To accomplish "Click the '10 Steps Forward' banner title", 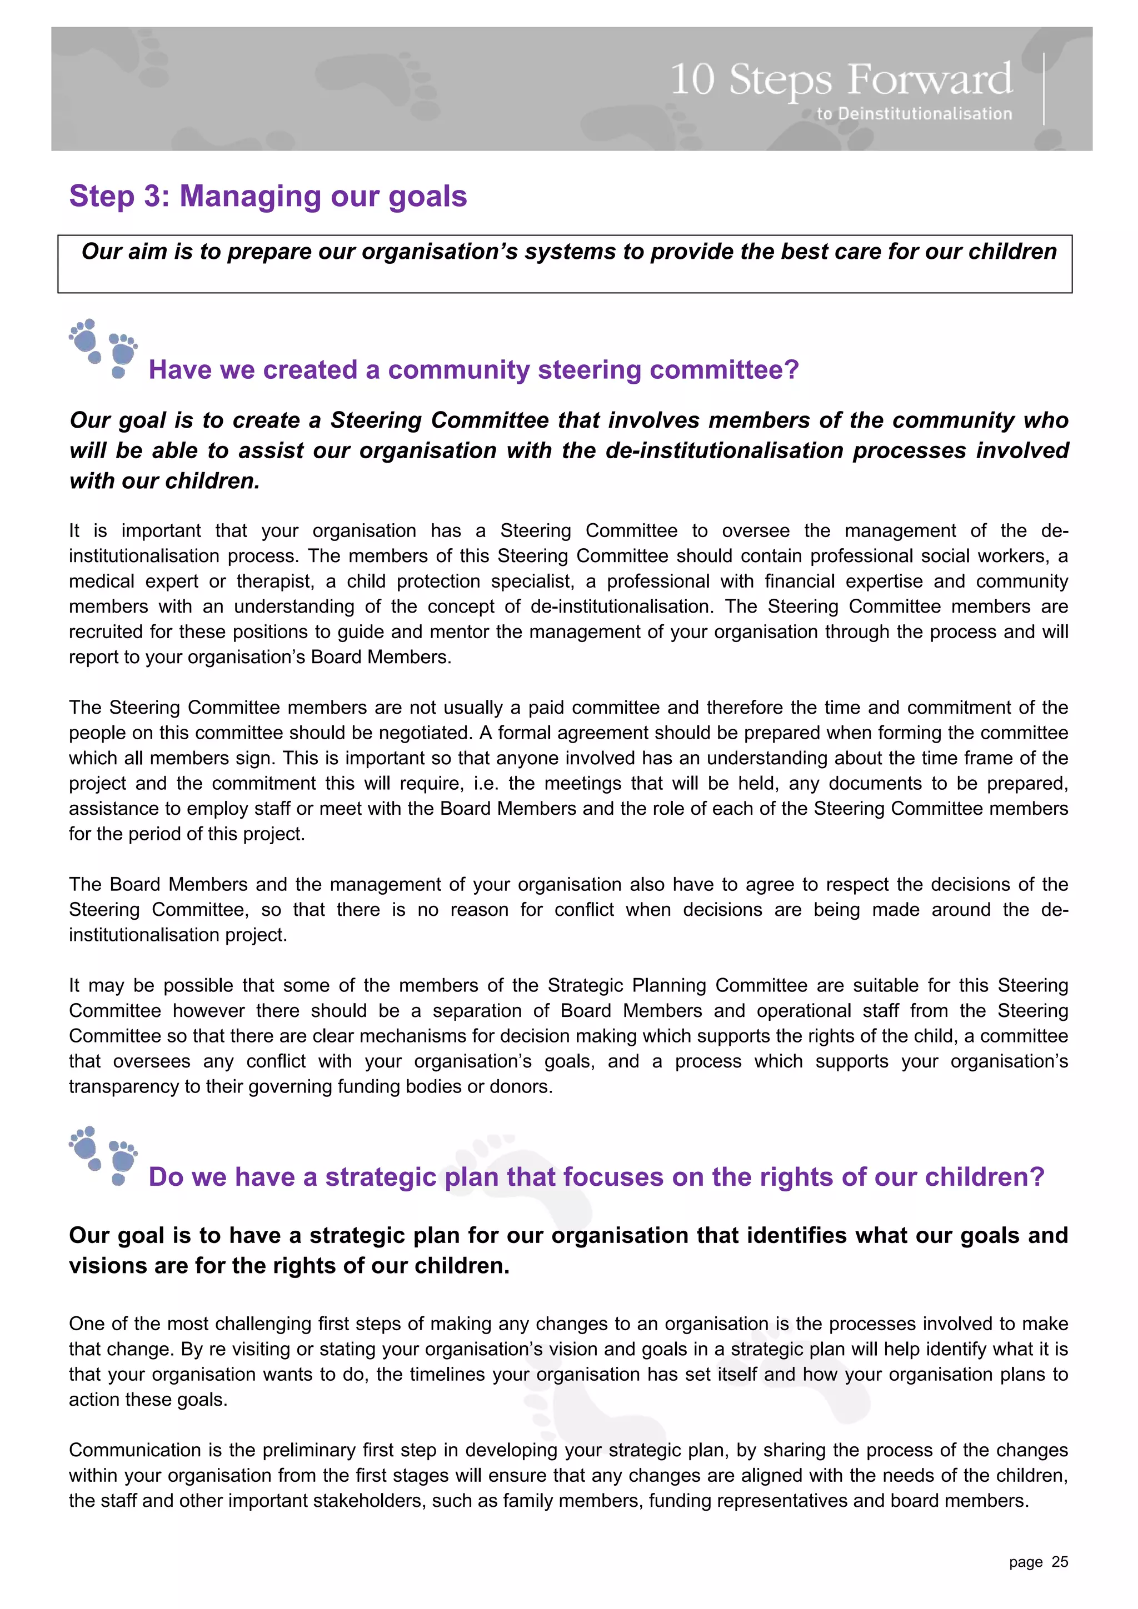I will pos(841,80).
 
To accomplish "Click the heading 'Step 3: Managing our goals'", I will pos(268,196).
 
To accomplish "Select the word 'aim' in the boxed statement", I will pos(147,252).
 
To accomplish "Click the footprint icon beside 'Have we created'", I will pos(103,348).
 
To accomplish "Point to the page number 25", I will pos(1060,1561).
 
